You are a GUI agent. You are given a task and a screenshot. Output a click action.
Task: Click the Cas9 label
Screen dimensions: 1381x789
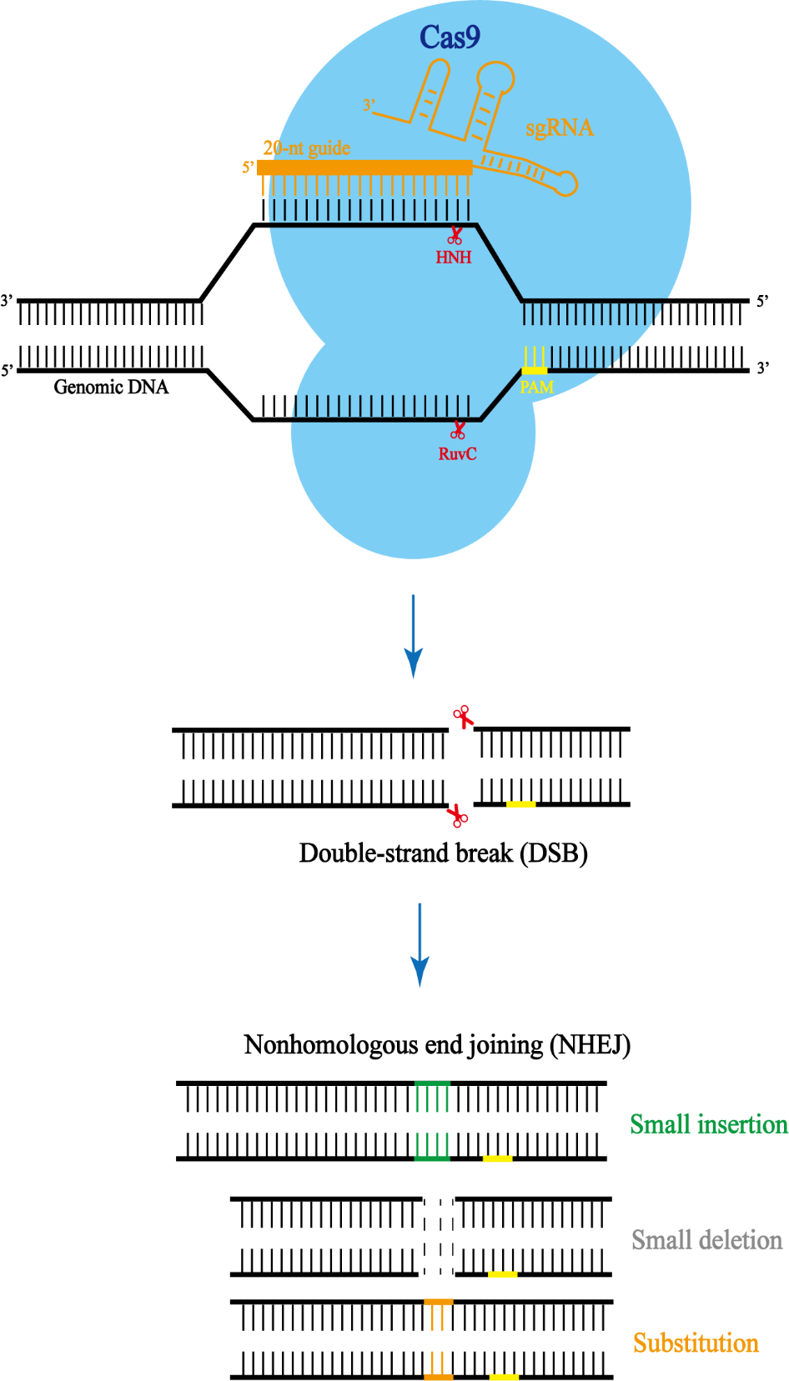[x=450, y=38]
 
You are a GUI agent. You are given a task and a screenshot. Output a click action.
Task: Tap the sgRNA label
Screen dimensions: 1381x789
[x=559, y=128]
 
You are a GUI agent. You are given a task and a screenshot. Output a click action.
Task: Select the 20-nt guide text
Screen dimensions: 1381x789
[x=306, y=148]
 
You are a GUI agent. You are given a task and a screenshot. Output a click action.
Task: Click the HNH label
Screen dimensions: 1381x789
[x=453, y=258]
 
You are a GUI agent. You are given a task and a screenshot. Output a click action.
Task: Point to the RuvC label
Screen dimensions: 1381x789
[x=457, y=453]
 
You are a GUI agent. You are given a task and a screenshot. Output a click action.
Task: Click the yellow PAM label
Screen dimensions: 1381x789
[x=536, y=387]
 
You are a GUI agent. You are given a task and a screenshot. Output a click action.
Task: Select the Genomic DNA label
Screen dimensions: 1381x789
[x=111, y=387]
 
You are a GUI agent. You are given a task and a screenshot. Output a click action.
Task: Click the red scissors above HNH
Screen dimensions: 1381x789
[x=455, y=236]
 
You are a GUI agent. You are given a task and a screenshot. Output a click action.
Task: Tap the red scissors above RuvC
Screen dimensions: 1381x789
[x=458, y=430]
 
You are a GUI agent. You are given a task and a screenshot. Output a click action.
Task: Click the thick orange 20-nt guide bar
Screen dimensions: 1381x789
[x=364, y=168]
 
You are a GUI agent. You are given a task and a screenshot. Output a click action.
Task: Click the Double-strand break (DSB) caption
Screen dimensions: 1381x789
[x=443, y=853]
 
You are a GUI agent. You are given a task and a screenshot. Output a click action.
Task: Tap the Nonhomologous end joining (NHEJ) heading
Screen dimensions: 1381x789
[x=436, y=1044]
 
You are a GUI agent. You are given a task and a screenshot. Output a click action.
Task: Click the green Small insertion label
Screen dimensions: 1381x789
[x=708, y=1124]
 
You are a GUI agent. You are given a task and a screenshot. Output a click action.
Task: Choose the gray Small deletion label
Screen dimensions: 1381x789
[x=706, y=1240]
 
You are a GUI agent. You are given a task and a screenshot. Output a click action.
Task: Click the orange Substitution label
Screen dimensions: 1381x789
[x=696, y=1343]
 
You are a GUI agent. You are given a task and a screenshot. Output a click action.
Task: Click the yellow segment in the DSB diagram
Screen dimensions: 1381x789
[x=520, y=804]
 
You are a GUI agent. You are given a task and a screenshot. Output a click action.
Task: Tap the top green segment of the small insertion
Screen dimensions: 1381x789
[x=432, y=1083]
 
